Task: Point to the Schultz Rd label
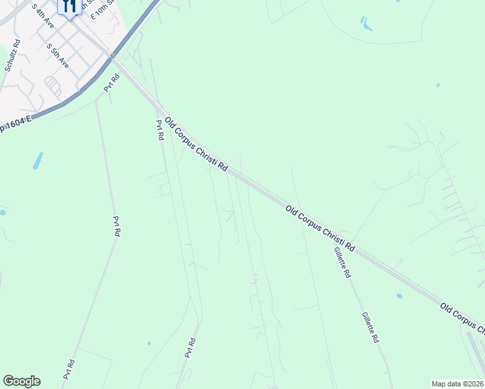tap(12, 55)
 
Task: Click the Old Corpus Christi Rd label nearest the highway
tap(196, 144)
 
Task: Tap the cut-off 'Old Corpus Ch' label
tap(462, 318)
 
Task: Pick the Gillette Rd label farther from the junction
tap(370, 327)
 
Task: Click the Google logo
tap(21, 381)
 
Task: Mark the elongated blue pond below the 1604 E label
tap(38, 160)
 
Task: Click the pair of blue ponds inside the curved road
tap(366, 25)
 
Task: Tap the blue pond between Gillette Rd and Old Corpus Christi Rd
tap(399, 296)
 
